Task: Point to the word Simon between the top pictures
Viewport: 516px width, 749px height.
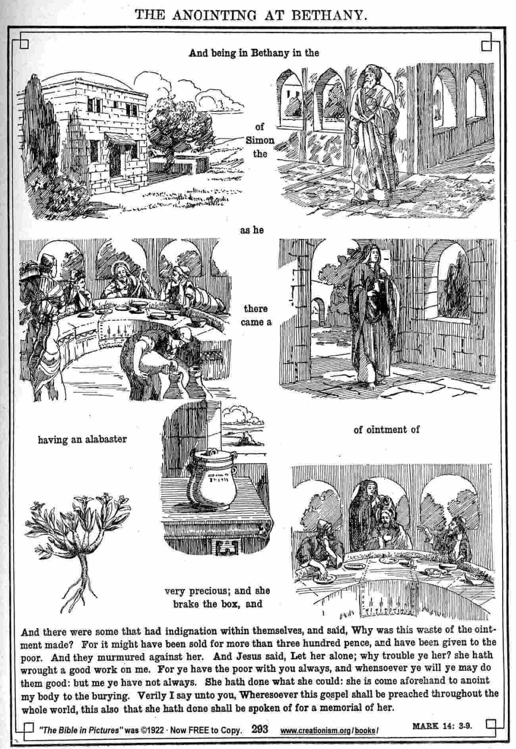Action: [260, 140]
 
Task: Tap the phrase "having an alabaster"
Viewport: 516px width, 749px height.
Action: [82, 439]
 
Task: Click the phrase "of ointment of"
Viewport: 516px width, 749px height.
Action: [386, 429]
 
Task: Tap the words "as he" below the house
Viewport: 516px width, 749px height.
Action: [252, 230]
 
